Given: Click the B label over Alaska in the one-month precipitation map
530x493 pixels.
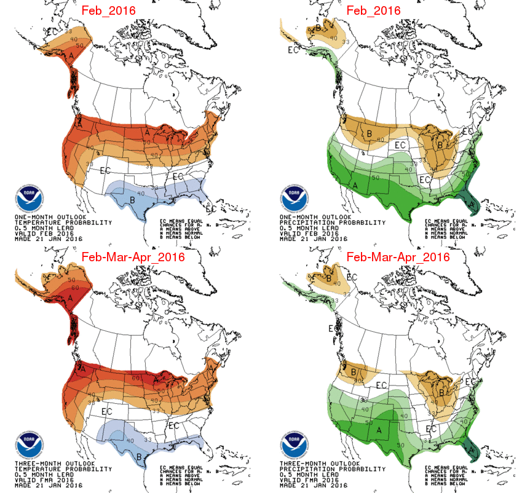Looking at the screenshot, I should click(318, 28).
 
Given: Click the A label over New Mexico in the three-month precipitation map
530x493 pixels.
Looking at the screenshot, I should click(379, 430).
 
